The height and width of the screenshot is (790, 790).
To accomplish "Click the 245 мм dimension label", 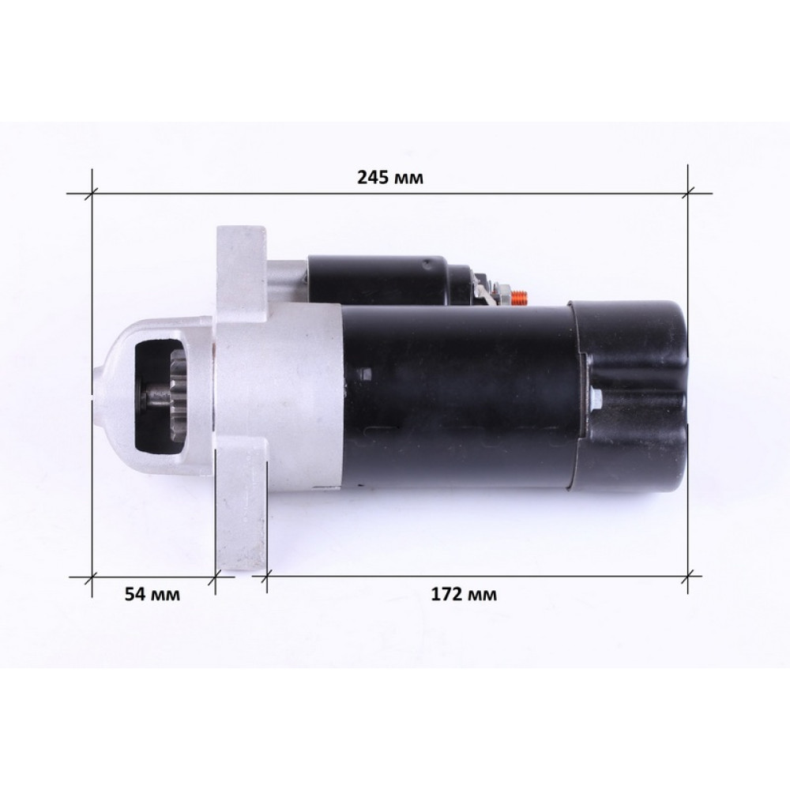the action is [x=390, y=177].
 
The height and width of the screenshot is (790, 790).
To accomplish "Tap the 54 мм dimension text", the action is [x=152, y=595].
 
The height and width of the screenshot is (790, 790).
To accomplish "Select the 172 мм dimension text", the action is [x=464, y=595].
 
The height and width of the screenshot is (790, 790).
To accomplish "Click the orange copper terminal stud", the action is [x=520, y=299].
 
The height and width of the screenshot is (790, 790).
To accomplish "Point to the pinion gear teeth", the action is [x=178, y=397].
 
